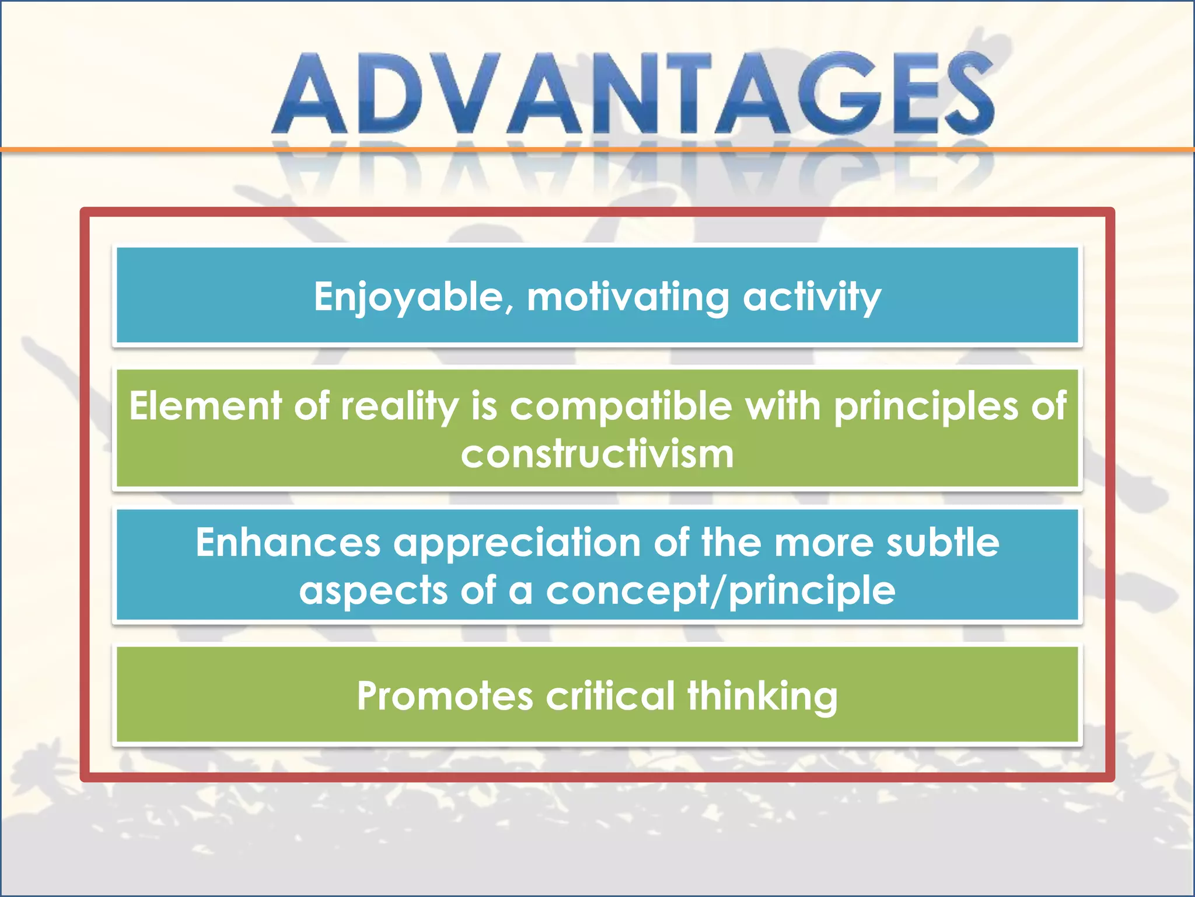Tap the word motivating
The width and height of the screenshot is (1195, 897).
click(628, 297)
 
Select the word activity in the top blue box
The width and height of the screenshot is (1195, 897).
click(812, 297)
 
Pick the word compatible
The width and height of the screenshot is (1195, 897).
click(621, 406)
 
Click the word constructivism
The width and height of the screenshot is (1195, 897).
click(597, 454)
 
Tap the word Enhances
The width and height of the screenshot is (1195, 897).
click(288, 543)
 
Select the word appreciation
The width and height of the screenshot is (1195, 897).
click(516, 543)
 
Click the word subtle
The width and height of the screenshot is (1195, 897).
click(942, 543)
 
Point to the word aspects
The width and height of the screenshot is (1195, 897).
click(373, 590)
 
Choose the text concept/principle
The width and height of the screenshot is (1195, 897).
click(720, 590)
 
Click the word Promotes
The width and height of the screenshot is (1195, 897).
click(445, 696)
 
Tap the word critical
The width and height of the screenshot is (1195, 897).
click(610, 696)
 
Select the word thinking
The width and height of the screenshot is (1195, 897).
click(762, 696)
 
